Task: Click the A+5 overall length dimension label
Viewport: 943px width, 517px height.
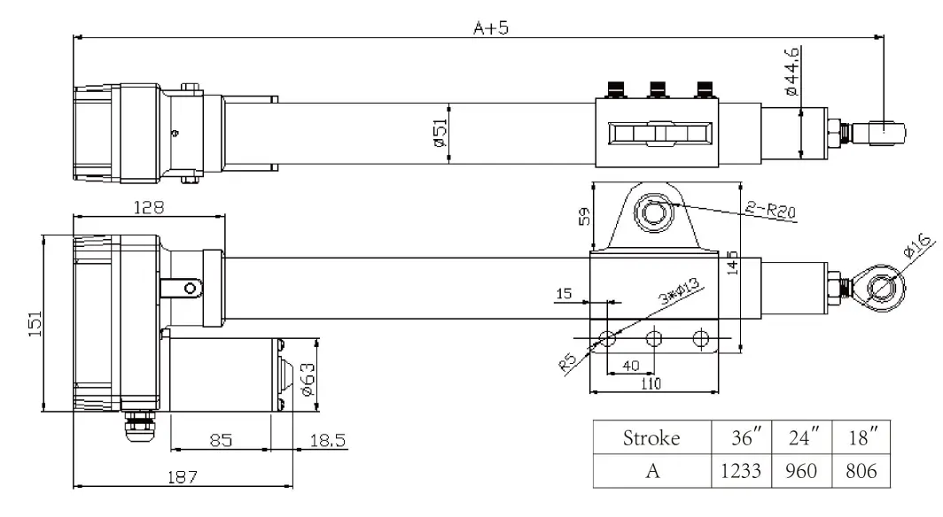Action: (491, 27)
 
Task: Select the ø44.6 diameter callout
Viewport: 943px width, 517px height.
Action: (792, 71)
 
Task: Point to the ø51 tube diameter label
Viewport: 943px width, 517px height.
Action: (440, 133)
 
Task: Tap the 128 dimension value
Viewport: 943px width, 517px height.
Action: (149, 208)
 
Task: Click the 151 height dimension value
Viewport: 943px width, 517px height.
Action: (35, 323)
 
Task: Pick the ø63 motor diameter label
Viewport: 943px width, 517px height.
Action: (307, 379)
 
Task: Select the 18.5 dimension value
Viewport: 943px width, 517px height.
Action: (328, 441)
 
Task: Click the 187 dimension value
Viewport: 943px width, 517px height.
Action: (183, 477)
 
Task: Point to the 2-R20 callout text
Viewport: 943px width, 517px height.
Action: (771, 210)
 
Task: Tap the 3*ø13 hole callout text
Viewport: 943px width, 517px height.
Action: (680, 290)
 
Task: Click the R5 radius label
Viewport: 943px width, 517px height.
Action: (568, 362)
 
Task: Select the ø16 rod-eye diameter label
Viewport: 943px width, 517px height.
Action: (918, 245)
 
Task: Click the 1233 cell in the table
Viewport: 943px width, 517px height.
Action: (741, 471)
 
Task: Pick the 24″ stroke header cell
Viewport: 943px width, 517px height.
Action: (804, 437)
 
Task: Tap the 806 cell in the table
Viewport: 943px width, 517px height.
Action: (861, 471)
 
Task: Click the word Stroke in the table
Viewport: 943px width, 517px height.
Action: (651, 437)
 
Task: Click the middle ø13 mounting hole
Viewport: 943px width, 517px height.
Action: (654, 339)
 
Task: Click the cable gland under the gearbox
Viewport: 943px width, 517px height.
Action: (139, 426)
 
